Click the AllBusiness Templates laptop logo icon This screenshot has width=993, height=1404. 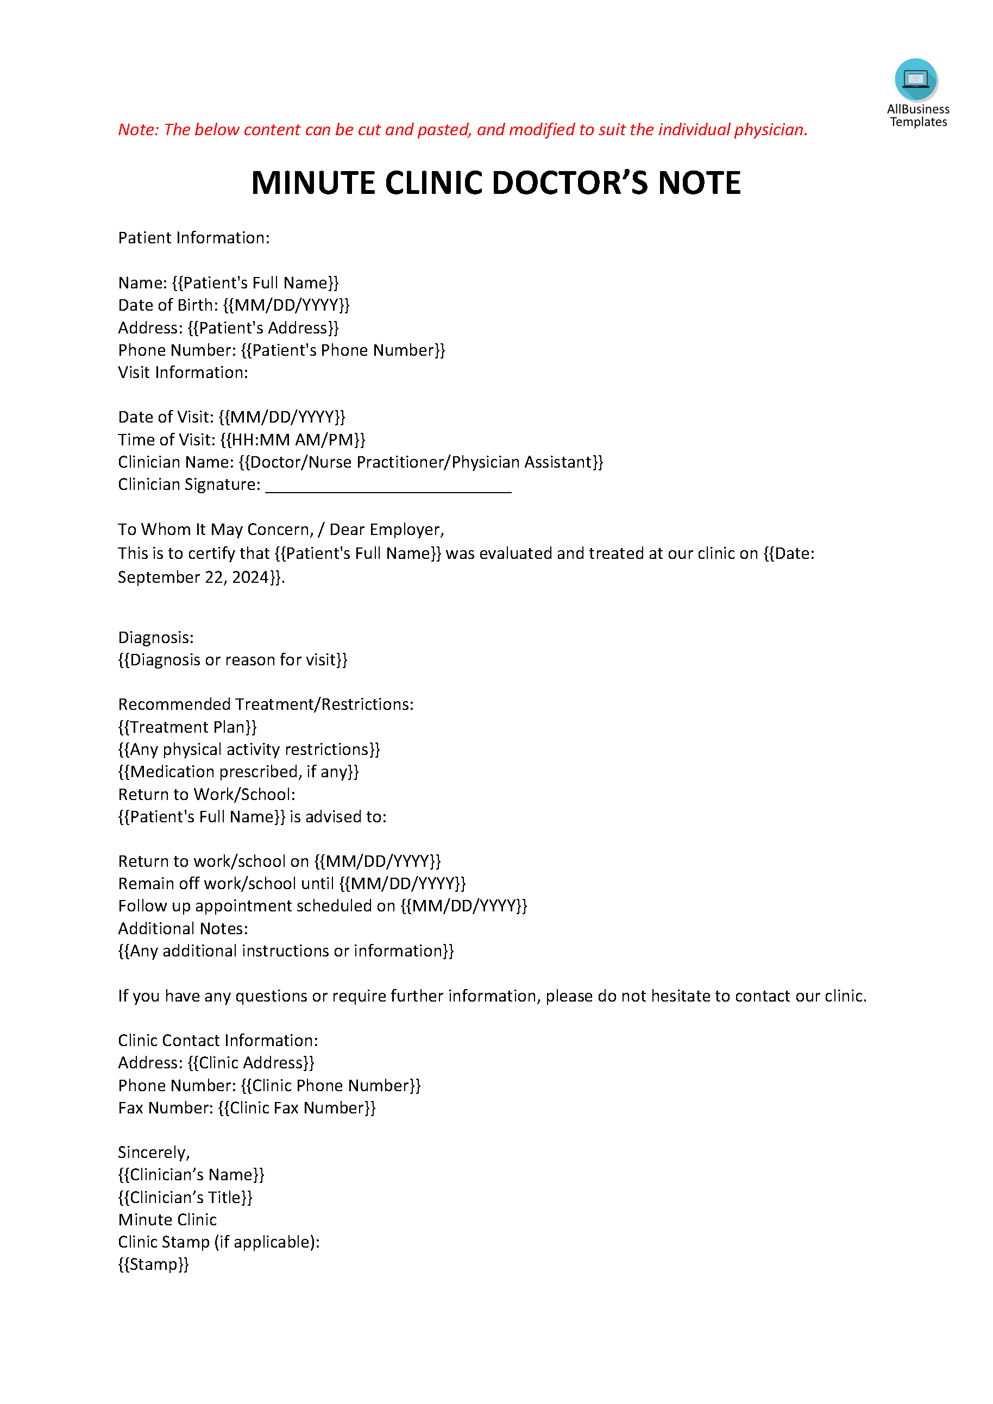coord(915,79)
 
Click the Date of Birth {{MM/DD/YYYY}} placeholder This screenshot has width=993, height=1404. coord(286,305)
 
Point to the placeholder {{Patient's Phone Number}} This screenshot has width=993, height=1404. coord(342,350)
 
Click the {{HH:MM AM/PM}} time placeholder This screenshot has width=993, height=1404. coord(292,440)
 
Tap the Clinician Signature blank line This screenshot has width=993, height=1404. coord(388,487)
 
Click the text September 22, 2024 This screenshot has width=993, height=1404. coord(193,577)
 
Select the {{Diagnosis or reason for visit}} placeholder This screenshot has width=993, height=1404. coord(232,660)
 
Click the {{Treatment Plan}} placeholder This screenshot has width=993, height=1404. coord(187,727)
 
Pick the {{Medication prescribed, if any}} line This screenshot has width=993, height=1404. coord(238,772)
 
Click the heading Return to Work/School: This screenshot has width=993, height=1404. coord(206,795)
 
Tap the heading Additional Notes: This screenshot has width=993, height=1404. coord(183,928)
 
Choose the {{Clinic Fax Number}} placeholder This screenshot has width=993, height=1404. coord(297,1108)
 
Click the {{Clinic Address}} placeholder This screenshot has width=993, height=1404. coord(251,1063)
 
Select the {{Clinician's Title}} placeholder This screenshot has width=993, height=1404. coord(185,1197)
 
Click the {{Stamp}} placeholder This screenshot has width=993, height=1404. coord(154,1264)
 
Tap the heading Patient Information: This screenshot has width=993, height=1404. coord(194,238)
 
